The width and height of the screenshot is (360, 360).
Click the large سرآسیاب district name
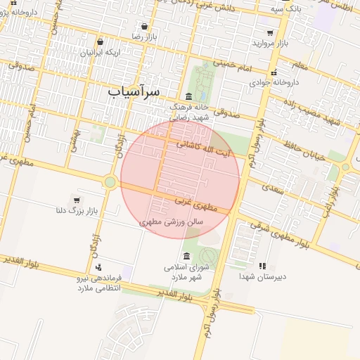(x=134, y=92)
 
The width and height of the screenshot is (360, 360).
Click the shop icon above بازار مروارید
(x=270, y=32)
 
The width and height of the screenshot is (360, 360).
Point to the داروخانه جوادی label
(x=275, y=82)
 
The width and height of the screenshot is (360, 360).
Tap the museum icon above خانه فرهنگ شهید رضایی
(x=188, y=96)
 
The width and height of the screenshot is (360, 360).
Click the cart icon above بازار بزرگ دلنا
(x=77, y=200)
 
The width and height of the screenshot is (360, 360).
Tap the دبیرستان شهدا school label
(x=262, y=276)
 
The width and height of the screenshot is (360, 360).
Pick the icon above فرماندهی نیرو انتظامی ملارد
(x=98, y=266)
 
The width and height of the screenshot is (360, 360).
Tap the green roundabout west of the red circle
(x=110, y=182)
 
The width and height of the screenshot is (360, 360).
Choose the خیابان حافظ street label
(x=304, y=150)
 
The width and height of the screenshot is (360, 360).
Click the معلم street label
(x=298, y=65)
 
